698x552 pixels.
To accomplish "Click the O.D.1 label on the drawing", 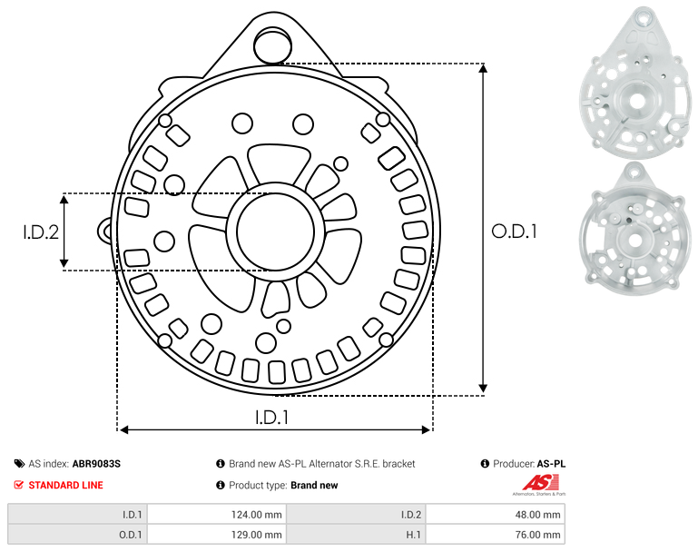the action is coord(514,232).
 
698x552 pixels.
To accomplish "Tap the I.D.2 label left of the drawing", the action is coord(41,232).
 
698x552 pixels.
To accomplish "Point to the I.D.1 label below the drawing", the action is coord(272,418).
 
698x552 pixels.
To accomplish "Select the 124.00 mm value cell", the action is coord(216,515).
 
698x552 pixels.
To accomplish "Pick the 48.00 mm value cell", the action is coord(495,515).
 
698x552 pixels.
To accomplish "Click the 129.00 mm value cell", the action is coord(216,534).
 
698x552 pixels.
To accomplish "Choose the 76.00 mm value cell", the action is coord(495,534).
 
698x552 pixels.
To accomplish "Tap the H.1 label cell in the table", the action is coord(356,534).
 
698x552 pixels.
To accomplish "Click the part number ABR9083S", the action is coord(96,464).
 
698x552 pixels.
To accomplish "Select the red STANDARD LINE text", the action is coord(66,485).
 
